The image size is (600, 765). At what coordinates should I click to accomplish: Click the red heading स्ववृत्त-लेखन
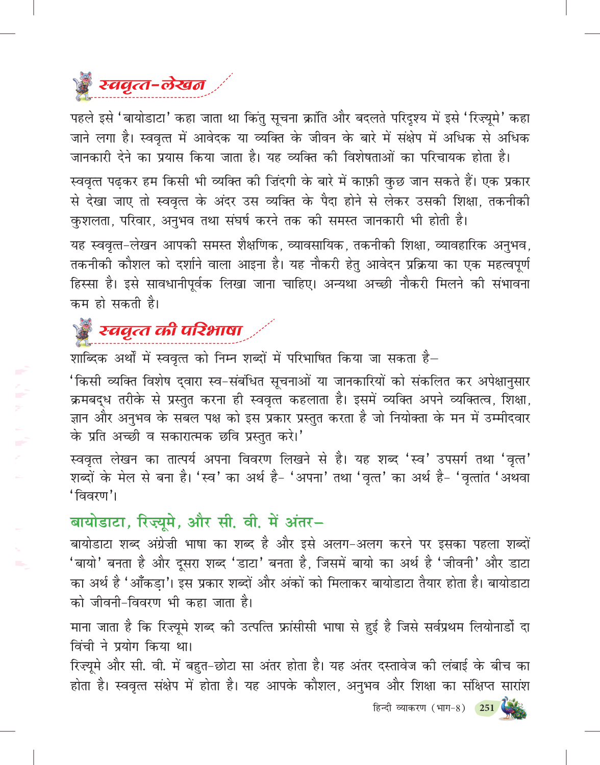pyautogui.click(x=152, y=85)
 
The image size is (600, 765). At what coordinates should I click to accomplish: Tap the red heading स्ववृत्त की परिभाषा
pyautogui.click(x=170, y=330)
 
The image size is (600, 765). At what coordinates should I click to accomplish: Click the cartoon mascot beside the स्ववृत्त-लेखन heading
pyautogui.click(x=83, y=86)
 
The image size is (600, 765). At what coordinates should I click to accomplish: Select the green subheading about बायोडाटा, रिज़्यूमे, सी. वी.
pyautogui.click(x=196, y=522)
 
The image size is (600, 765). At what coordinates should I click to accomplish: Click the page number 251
pyautogui.click(x=487, y=707)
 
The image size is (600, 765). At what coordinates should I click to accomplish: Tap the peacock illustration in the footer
pyautogui.click(x=513, y=708)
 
